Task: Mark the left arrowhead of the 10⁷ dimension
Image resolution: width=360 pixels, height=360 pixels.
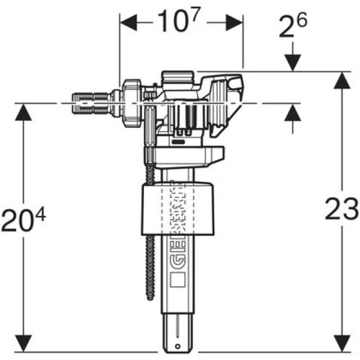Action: pos(127,23)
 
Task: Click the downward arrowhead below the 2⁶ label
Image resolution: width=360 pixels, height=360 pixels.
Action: pos(292,63)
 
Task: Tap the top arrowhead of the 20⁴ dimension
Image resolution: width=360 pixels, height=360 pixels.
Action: pos(23,112)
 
